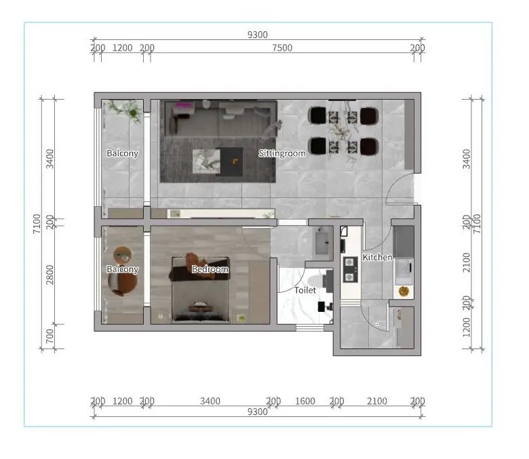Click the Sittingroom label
(282, 153)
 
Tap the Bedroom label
(210, 269)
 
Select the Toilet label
(305, 290)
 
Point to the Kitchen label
(377, 258)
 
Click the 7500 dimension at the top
(282, 48)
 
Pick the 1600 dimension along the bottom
(305, 401)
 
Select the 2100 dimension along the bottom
(377, 401)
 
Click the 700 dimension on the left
(50, 336)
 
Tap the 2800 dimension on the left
(50, 275)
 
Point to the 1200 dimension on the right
(466, 327)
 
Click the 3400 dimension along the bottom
(210, 401)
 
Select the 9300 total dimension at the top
(258, 35)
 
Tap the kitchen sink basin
(404, 271)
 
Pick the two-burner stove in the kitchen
(350, 269)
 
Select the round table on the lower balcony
(122, 255)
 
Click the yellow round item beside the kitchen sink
(404, 291)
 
